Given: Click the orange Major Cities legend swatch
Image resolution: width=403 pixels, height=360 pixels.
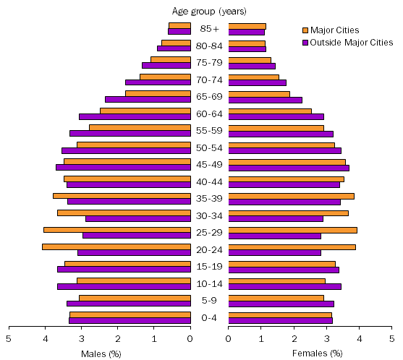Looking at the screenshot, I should pos(305,30).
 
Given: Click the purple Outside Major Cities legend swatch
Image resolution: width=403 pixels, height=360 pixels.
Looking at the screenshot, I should pos(305,43).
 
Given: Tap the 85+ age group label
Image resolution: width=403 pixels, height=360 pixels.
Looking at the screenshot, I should pos(210,29).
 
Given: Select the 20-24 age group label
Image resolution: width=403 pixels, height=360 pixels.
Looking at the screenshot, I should pos(210,249).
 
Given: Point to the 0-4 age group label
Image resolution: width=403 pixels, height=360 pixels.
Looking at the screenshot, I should pos(210,317).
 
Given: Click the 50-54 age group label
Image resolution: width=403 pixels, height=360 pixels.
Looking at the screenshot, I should pos(210,147).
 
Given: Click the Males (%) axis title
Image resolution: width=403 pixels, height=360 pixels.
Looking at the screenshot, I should pos(101,353).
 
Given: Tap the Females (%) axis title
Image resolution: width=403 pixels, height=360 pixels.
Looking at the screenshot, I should pos(317,353).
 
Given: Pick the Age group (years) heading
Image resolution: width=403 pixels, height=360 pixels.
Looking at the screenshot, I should pos(209,11).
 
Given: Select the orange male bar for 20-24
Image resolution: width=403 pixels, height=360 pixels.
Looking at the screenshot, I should pos(116,247).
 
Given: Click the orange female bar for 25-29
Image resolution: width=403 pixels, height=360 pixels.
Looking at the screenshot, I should pos(293,230).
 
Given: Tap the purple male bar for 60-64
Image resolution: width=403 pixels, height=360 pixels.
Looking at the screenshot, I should pos(135,116).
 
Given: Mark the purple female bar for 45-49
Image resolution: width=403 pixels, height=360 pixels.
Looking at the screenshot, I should pos(289,168).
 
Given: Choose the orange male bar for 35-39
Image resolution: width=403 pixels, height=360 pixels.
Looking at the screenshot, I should pos(122,196).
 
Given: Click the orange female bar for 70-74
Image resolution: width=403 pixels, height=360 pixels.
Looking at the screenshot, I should pos(253,77).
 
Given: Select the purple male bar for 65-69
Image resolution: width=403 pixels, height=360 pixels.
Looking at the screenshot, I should pos(148,99).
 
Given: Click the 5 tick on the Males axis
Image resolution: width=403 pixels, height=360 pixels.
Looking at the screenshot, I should pos(9,338).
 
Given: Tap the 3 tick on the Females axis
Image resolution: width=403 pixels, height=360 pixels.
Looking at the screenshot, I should pos(326,338).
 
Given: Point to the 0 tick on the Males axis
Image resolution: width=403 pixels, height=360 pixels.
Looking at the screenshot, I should pos(190,338).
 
